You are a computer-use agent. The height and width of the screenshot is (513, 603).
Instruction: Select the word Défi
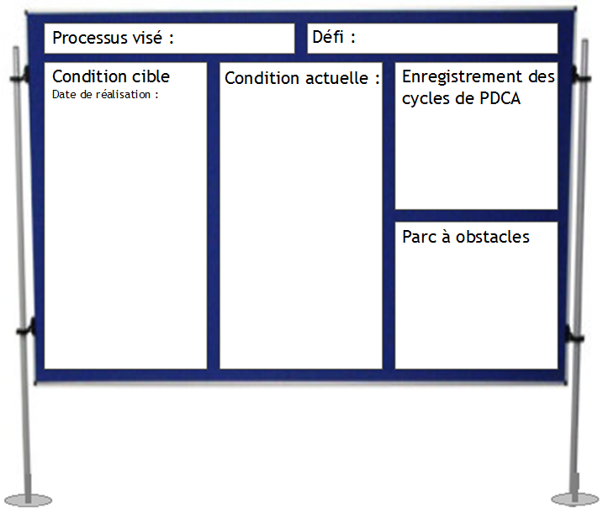point(328,36)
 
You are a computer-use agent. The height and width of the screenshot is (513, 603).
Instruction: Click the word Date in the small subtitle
point(64,95)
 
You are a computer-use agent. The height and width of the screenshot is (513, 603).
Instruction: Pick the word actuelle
point(337,78)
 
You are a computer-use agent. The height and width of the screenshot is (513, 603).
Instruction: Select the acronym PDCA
point(500,99)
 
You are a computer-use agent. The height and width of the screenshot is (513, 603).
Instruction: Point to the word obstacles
point(493,237)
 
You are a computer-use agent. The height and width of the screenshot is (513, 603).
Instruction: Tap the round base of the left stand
point(29,500)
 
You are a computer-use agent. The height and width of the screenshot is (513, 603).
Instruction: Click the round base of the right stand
point(574,500)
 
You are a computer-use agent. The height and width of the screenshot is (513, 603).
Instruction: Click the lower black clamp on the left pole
point(27,328)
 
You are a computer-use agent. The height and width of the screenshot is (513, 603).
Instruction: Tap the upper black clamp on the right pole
point(579,76)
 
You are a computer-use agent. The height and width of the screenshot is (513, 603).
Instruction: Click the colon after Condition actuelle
point(378,80)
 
